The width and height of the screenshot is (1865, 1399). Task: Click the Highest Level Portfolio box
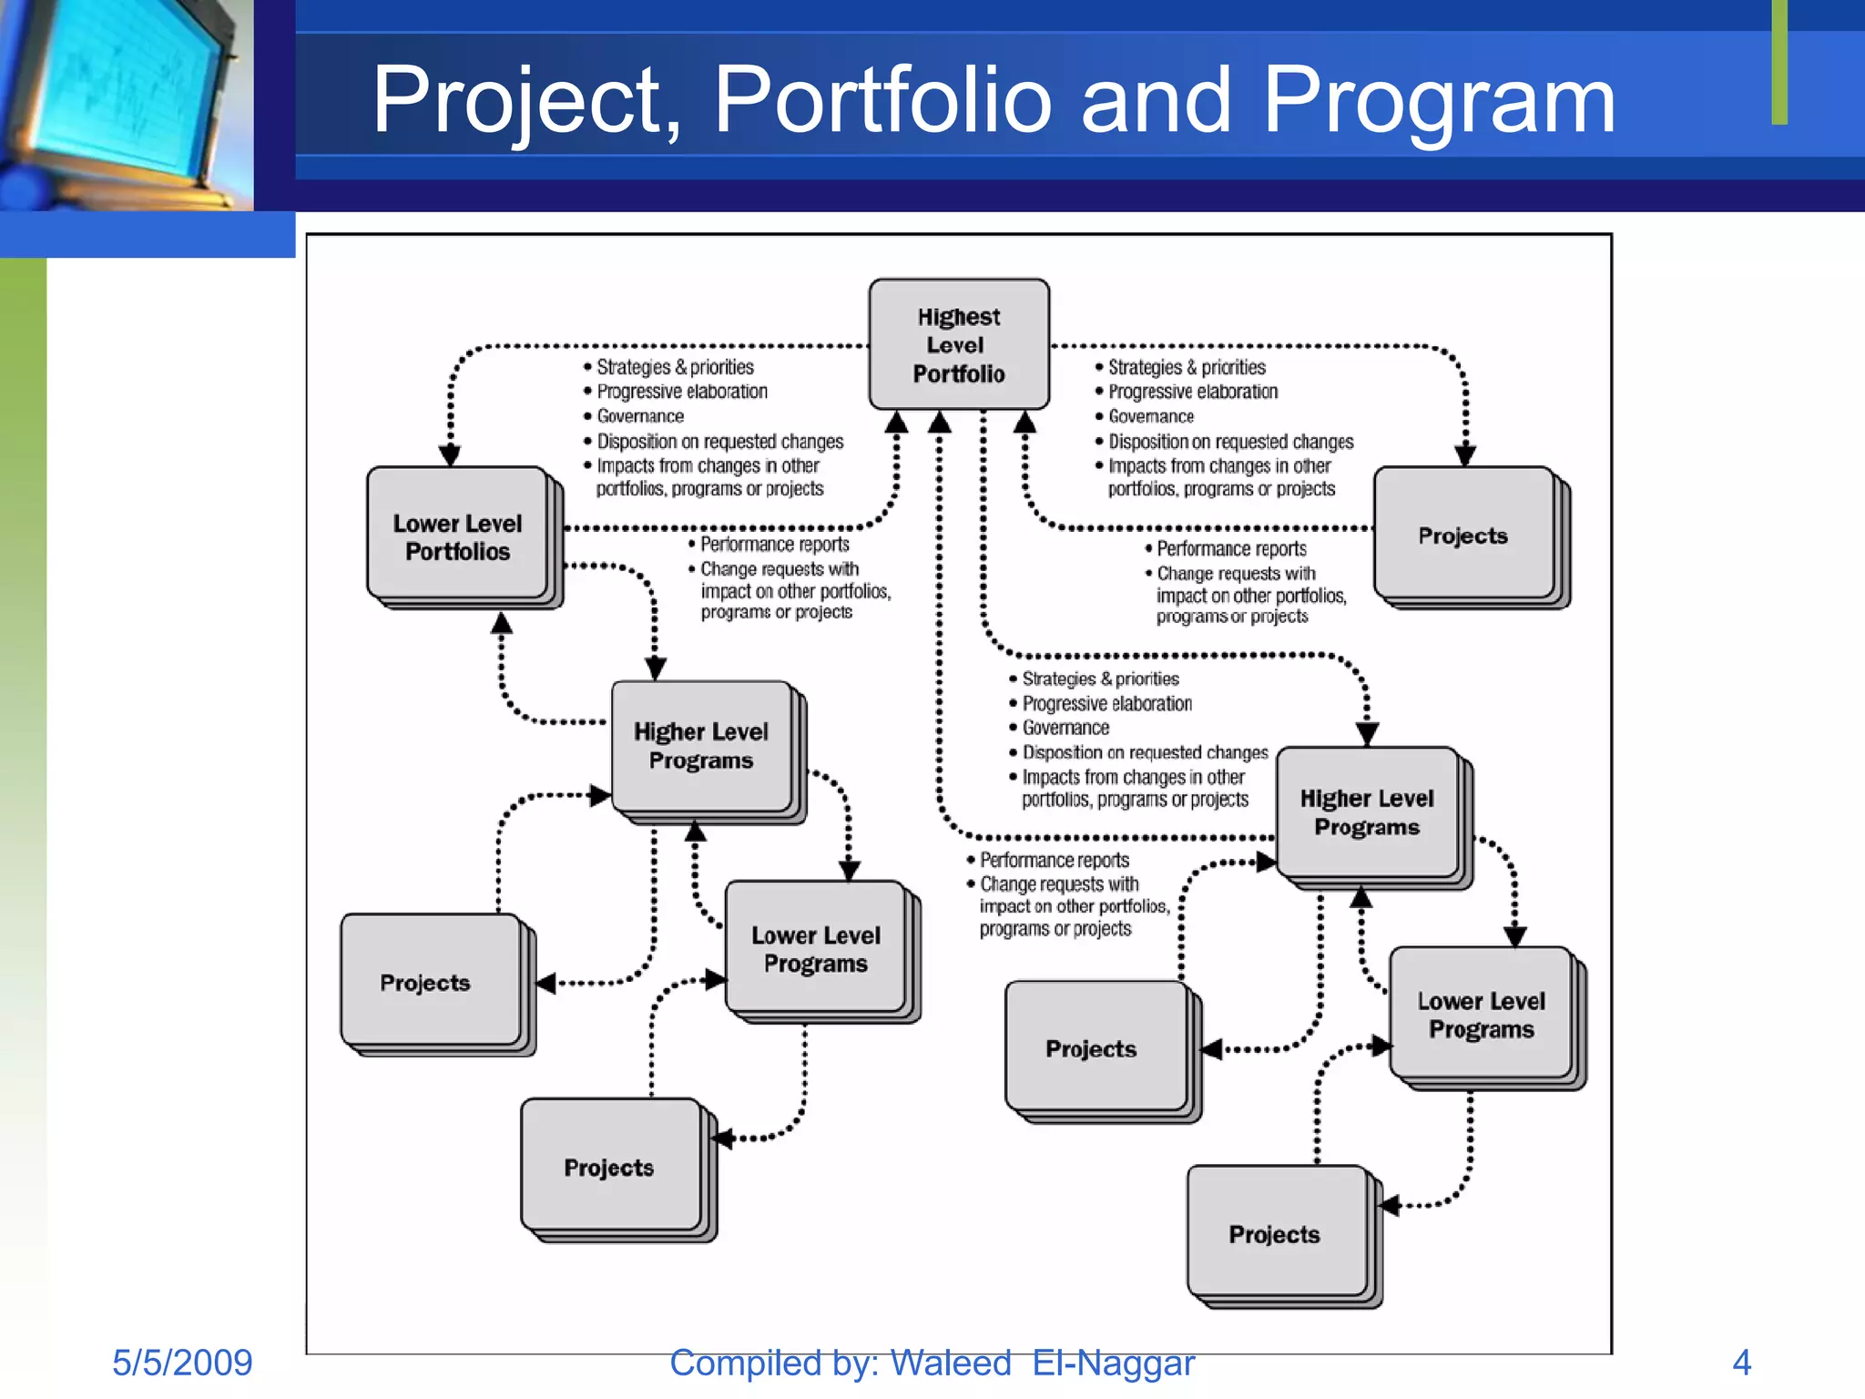[959, 344]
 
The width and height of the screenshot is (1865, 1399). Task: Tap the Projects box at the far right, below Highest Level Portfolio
[1463, 536]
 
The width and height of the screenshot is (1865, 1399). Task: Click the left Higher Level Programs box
[701, 746]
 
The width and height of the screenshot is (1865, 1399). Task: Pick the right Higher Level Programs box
[1367, 812]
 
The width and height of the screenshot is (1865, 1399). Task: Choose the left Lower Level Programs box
[816, 948]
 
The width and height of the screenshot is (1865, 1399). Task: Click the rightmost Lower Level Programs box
[1481, 1015]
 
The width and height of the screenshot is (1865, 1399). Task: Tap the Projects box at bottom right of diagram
[1275, 1234]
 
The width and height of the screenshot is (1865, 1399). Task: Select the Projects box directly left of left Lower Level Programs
[426, 982]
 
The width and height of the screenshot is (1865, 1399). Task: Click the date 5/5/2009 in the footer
[182, 1363]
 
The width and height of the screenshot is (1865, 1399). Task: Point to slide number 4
[1741, 1363]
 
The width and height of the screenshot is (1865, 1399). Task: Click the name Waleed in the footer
[950, 1363]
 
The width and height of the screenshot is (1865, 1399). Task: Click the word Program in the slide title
[1439, 100]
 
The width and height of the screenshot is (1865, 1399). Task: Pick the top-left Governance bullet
[640, 416]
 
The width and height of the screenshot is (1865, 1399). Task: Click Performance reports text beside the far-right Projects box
[1231, 549]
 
